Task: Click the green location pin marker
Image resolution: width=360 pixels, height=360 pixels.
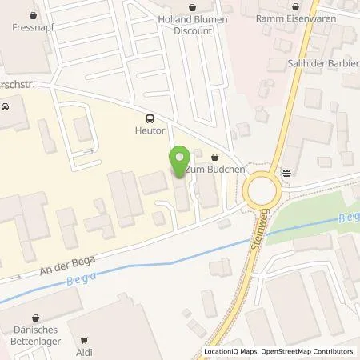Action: tap(179, 160)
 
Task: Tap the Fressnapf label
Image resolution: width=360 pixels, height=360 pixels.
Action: tap(33, 26)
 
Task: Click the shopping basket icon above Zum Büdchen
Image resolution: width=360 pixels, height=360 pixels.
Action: tap(214, 157)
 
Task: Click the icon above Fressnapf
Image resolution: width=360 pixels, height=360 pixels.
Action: tap(33, 14)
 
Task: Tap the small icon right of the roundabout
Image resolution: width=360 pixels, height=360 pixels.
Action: tap(286, 171)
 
